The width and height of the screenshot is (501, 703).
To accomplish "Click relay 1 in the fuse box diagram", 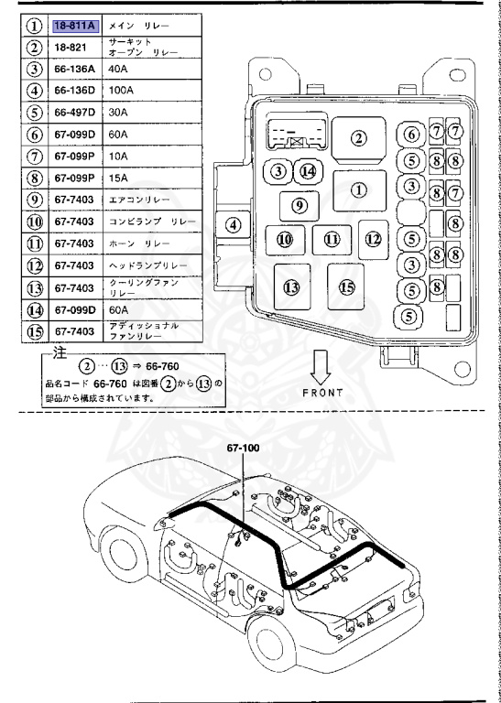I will [x=358, y=190].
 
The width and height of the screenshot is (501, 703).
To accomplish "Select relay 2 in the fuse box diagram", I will [x=358, y=138].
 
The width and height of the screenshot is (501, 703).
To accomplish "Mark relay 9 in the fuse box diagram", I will [x=298, y=205].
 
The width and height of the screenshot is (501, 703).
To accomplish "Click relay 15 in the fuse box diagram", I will [x=346, y=287].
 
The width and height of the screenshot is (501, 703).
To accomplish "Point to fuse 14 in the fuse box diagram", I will [x=308, y=171].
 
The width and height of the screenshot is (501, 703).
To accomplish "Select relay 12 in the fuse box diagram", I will [x=373, y=238].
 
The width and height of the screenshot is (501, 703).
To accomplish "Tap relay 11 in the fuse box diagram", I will [x=332, y=240].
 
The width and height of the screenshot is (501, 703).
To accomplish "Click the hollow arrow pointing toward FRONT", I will [x=321, y=367].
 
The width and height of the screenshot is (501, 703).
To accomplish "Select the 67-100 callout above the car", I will [x=245, y=449].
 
